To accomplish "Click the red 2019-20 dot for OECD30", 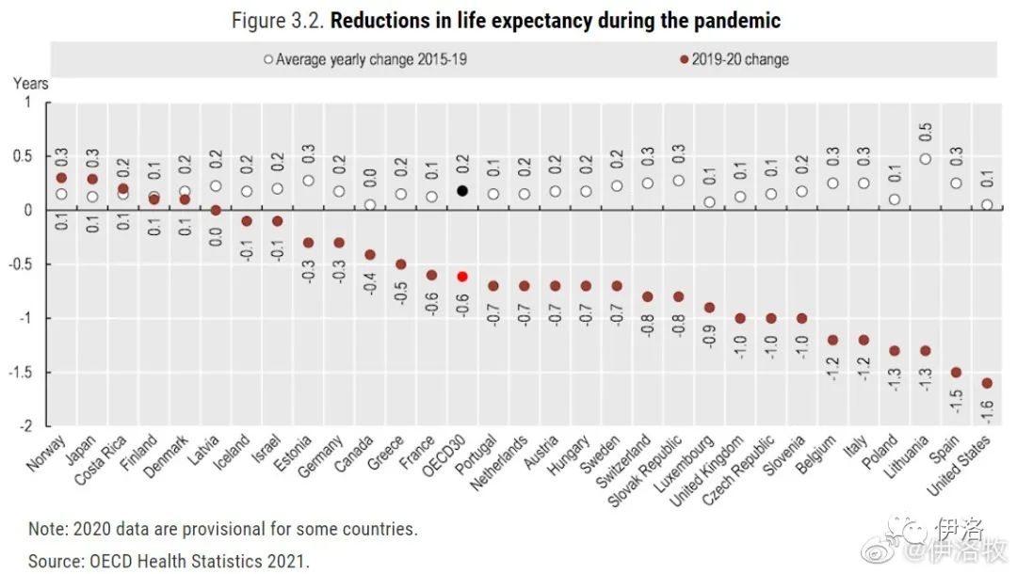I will tap(461, 277).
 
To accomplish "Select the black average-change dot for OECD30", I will tap(461, 190).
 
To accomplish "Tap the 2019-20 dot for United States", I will tap(986, 383).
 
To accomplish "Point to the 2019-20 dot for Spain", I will tap(956, 372).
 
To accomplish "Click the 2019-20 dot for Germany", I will tap(339, 243).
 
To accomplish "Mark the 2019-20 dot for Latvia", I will tap(216, 210).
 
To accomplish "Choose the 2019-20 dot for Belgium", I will tap(832, 340).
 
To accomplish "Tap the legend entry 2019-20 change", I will tap(739, 59).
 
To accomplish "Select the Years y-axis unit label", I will tap(31, 84).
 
